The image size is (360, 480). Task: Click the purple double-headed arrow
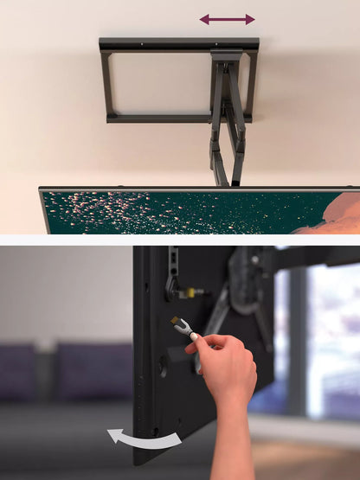(227, 19)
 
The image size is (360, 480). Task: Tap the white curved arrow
(143, 438)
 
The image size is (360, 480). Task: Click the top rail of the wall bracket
(178, 43)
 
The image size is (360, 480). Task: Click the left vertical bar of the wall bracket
(106, 84)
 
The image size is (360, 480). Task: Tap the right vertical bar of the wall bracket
(250, 84)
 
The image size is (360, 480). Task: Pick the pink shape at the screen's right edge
(333, 214)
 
